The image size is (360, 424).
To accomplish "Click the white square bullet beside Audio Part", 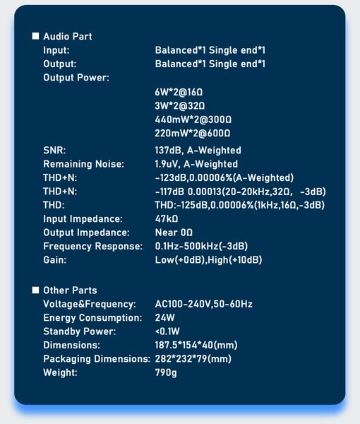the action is click(35, 36).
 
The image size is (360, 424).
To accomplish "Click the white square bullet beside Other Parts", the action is click(35, 290).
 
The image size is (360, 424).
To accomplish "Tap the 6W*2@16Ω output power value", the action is click(179, 92).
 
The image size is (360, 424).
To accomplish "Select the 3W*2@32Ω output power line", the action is click(179, 106).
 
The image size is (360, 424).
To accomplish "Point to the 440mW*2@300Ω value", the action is click(193, 119).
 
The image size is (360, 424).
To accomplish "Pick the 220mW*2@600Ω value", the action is click(193, 134).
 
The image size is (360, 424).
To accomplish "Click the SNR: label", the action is click(54, 151).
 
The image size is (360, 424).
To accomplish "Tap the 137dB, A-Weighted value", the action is click(198, 151).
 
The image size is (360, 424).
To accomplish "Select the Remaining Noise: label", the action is click(83, 164).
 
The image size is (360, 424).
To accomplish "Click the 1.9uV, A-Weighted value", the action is click(196, 164).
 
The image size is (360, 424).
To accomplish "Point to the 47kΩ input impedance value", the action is click(167, 219).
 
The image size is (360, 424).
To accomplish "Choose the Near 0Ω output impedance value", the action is click(174, 232).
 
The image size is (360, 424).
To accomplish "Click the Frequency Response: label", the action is click(92, 247).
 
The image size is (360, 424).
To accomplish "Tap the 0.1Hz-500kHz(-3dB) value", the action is click(201, 247).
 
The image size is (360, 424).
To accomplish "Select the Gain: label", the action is click(55, 260).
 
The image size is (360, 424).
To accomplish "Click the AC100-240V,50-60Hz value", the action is click(203, 304).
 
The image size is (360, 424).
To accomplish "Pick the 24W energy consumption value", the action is click(164, 318).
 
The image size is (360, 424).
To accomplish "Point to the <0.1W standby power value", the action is click(167, 331).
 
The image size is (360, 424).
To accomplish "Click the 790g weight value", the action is click(166, 373).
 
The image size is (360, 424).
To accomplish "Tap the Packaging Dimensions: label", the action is click(97, 359).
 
